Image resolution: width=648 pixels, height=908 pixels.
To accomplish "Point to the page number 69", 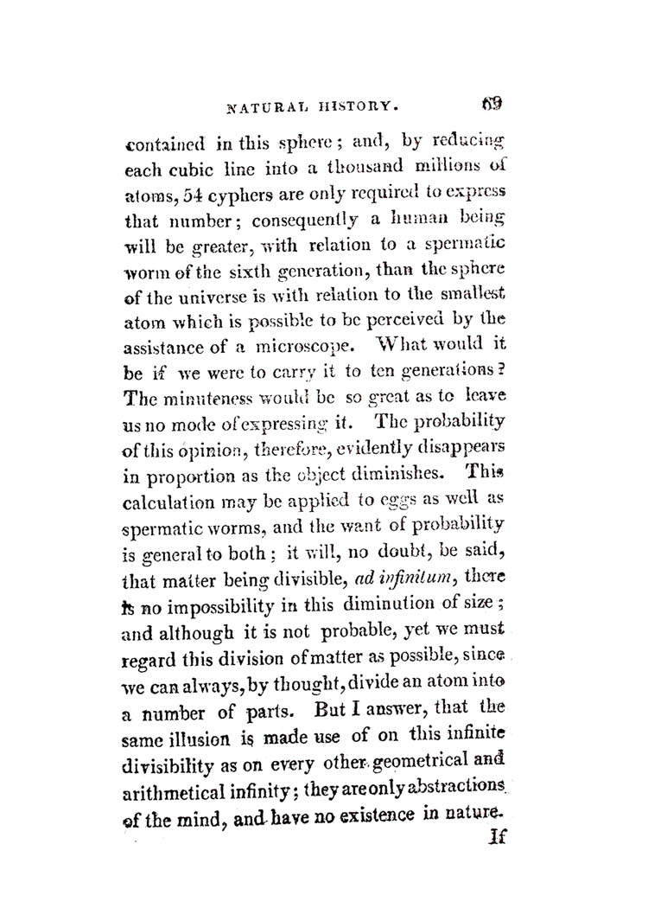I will [x=494, y=106].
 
